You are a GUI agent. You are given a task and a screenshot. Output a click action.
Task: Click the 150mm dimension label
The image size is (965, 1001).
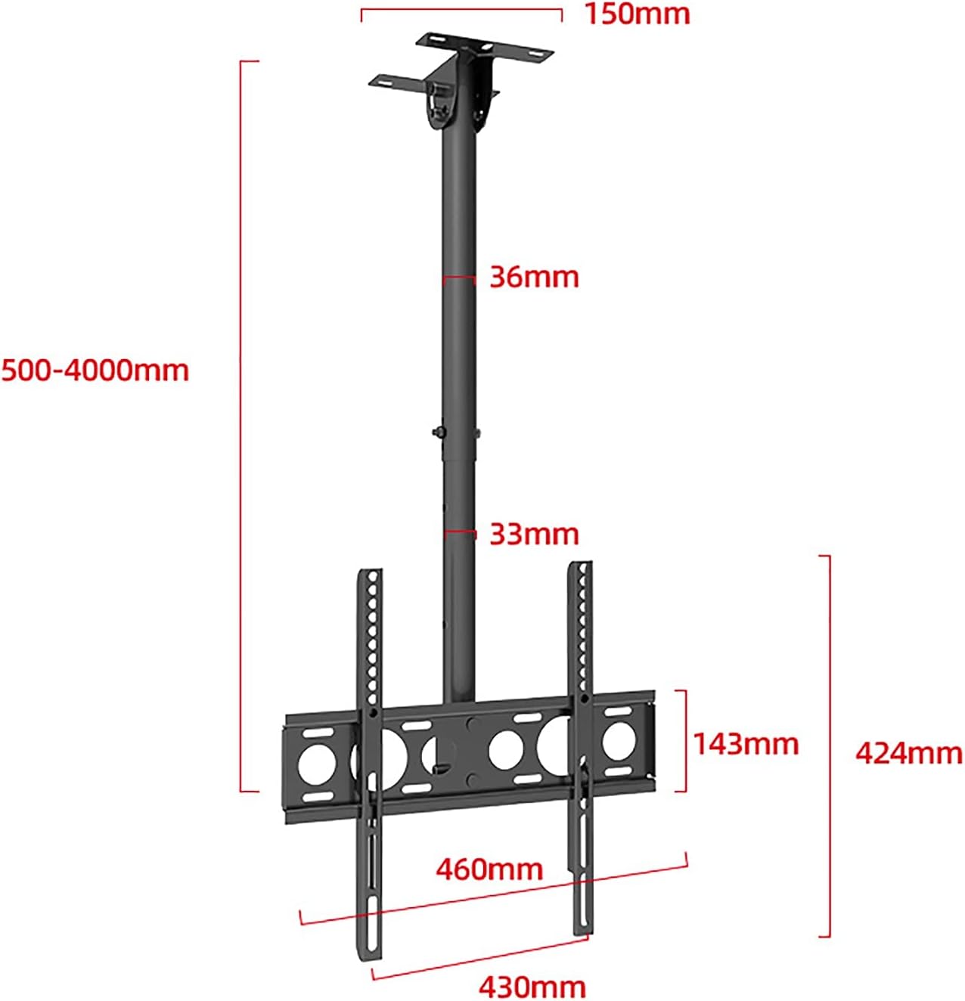click(x=637, y=14)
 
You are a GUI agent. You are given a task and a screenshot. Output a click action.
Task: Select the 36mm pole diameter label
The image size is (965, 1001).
click(x=534, y=277)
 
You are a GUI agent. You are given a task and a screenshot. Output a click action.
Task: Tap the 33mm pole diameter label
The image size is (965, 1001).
click(x=534, y=534)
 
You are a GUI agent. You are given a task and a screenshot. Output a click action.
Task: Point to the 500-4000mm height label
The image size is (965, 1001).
click(x=95, y=370)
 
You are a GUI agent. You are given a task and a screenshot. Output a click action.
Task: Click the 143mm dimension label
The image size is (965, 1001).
click(x=746, y=744)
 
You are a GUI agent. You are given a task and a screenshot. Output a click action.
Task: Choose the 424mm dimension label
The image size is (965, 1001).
click(x=908, y=753)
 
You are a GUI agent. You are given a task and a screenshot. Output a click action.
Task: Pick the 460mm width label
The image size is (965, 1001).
click(x=489, y=869)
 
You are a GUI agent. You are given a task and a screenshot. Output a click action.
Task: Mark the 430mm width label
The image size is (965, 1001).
click(x=532, y=986)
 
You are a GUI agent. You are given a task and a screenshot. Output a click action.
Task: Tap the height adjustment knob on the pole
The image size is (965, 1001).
click(x=438, y=432)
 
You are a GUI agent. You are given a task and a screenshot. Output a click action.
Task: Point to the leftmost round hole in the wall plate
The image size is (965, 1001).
click(x=315, y=763)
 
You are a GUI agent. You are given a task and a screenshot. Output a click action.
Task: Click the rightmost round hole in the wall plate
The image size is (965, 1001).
click(x=618, y=739)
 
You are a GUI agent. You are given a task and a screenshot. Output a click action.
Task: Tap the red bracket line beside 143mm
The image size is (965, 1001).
click(x=685, y=741)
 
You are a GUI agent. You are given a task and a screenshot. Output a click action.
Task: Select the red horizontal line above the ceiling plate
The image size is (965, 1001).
click(x=461, y=10)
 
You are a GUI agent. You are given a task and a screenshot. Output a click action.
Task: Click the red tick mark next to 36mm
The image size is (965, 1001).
click(x=459, y=279)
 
